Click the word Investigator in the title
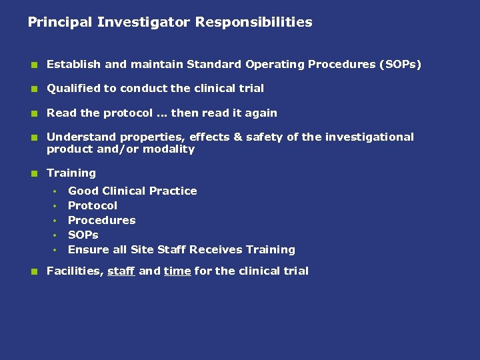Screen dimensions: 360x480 click(143, 23)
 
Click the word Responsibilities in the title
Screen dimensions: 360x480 click(253, 23)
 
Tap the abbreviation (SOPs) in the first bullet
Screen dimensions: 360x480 click(400, 65)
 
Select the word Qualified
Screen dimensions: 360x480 click(71, 89)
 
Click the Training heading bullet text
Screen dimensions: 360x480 click(71, 173)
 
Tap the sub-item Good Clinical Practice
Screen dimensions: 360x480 click(133, 191)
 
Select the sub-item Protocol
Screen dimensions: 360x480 click(93, 206)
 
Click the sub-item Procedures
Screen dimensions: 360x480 click(102, 221)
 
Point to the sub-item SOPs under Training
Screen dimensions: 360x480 click(83, 235)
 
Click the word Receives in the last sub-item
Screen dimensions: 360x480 click(216, 250)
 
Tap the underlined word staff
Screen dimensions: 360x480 click(121, 271)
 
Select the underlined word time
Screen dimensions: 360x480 click(177, 271)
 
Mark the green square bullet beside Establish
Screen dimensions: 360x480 click(32, 65)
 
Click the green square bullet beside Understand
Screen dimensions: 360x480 click(32, 138)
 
